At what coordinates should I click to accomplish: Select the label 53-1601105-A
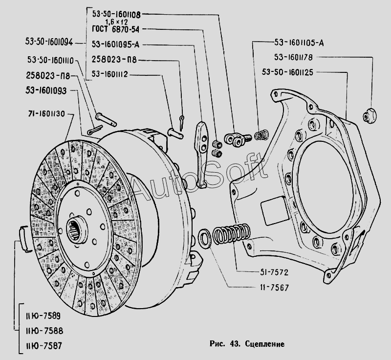tap(300, 42)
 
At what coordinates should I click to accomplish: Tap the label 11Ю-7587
tap(42, 345)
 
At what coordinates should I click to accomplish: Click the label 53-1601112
tap(116, 75)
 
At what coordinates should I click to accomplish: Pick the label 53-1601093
tap(47, 90)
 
